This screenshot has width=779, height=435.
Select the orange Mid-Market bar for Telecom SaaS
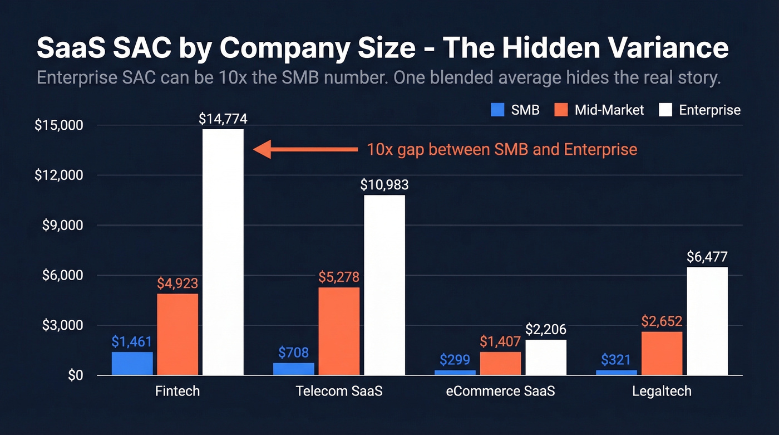(x=339, y=331)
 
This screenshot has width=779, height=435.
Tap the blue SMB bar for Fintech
(x=132, y=363)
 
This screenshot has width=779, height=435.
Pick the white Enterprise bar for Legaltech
(x=707, y=321)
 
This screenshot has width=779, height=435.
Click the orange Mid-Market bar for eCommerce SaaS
(x=500, y=363)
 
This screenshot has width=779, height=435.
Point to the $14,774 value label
(x=223, y=119)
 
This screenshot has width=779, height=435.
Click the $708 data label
(x=293, y=352)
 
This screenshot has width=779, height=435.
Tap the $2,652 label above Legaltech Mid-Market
(x=662, y=321)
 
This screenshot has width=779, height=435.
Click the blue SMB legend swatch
(x=497, y=110)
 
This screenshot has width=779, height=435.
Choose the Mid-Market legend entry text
(x=609, y=110)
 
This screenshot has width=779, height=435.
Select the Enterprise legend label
(x=710, y=110)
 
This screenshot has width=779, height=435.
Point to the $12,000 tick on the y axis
(x=59, y=175)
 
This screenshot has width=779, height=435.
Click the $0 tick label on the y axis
(x=75, y=376)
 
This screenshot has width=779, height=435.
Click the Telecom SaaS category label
(x=339, y=391)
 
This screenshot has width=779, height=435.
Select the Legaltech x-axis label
(x=662, y=391)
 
